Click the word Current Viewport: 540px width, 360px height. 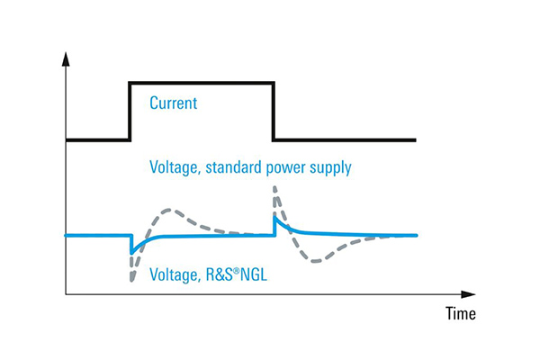(173, 103)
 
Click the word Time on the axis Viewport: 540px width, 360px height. (460, 314)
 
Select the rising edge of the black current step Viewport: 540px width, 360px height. (130, 111)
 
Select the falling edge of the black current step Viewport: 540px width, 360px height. (273, 111)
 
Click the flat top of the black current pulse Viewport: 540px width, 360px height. (202, 83)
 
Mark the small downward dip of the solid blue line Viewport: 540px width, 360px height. (132, 252)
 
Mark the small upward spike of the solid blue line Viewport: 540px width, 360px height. (274, 216)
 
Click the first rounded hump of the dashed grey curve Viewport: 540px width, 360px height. (166, 211)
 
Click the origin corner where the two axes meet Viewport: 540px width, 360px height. (66, 293)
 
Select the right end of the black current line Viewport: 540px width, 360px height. (416, 139)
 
